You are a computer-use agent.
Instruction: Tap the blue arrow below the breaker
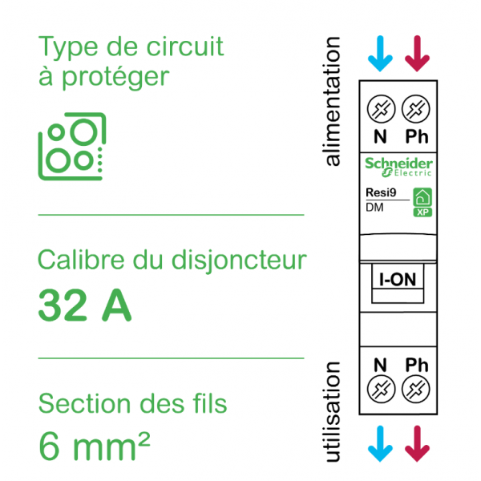380,443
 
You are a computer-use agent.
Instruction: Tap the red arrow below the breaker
416,443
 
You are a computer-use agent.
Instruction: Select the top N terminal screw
381,107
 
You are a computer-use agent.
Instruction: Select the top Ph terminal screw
415,107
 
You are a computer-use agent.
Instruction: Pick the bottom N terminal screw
381,391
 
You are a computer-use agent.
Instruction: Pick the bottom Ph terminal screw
415,391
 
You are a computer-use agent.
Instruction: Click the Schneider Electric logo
398,166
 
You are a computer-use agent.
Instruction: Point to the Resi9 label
380,192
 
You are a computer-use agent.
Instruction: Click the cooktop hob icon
72,146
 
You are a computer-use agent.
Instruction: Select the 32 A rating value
85,305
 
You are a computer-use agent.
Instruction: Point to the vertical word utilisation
332,412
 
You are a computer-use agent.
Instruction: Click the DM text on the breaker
374,208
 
